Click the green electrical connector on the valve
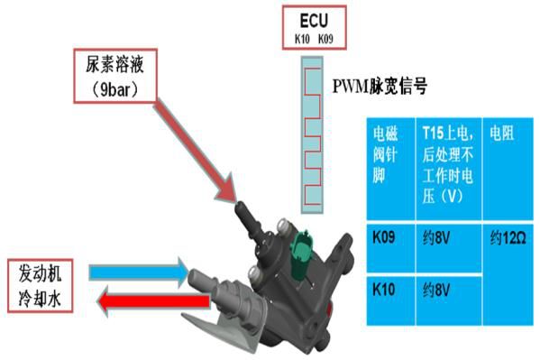pos(302,245)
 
